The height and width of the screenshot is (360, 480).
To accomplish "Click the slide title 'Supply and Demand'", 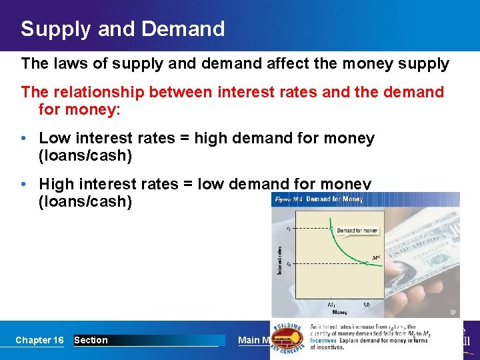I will tap(123, 29).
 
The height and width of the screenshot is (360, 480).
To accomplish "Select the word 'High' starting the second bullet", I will tap(56, 183).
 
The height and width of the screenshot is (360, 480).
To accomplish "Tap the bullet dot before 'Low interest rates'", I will tap(24, 139).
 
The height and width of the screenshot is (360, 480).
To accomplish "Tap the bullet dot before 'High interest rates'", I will tap(24, 184).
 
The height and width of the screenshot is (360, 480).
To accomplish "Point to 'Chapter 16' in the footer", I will tap(39, 340).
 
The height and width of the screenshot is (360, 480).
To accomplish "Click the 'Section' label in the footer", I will tap(91, 340).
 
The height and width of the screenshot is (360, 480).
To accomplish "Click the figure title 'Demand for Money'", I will tap(334, 199).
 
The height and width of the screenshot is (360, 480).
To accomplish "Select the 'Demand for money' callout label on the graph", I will tap(357, 231).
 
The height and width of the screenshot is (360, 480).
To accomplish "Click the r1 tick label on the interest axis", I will tap(288, 228).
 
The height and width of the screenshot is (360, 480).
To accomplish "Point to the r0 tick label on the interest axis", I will tap(288, 263).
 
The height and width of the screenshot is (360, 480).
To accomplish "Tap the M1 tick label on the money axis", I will tap(331, 305).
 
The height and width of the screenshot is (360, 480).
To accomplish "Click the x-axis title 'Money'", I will tap(339, 312).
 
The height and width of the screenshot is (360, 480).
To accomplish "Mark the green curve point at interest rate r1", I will tap(331, 228).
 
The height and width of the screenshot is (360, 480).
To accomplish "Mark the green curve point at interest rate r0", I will tap(367, 263).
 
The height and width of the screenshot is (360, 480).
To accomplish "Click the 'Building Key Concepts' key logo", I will tap(288, 337).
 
